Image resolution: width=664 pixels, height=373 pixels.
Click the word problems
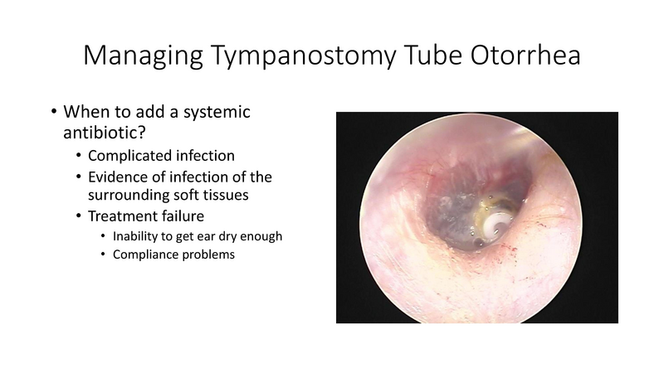[210, 255]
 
